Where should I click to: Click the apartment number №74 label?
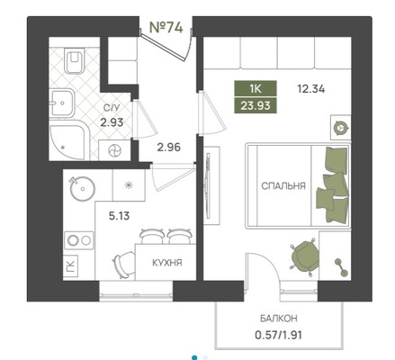coord(166,28)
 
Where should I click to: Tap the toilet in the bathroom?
coord(74,60)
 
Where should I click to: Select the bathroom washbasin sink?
coord(61,103)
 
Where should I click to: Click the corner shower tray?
coord(68,140)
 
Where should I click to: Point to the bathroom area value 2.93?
coord(112,122)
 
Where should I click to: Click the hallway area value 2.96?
coord(169,148)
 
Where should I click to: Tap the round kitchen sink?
coord(82,188)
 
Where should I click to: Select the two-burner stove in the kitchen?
coord(79,240)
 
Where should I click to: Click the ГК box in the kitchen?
coord(70,266)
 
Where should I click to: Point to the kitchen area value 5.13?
coord(119,216)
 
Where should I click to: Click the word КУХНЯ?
coord(167,263)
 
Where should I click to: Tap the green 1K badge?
coord(256,89)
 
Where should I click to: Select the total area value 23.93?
coord(256,105)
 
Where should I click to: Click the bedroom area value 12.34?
coord(311,89)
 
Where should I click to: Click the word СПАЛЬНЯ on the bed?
coord(283,186)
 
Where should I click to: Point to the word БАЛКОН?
coord(279,319)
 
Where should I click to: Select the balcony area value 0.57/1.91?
coord(278,335)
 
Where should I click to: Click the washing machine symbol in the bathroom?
coord(114,150)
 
